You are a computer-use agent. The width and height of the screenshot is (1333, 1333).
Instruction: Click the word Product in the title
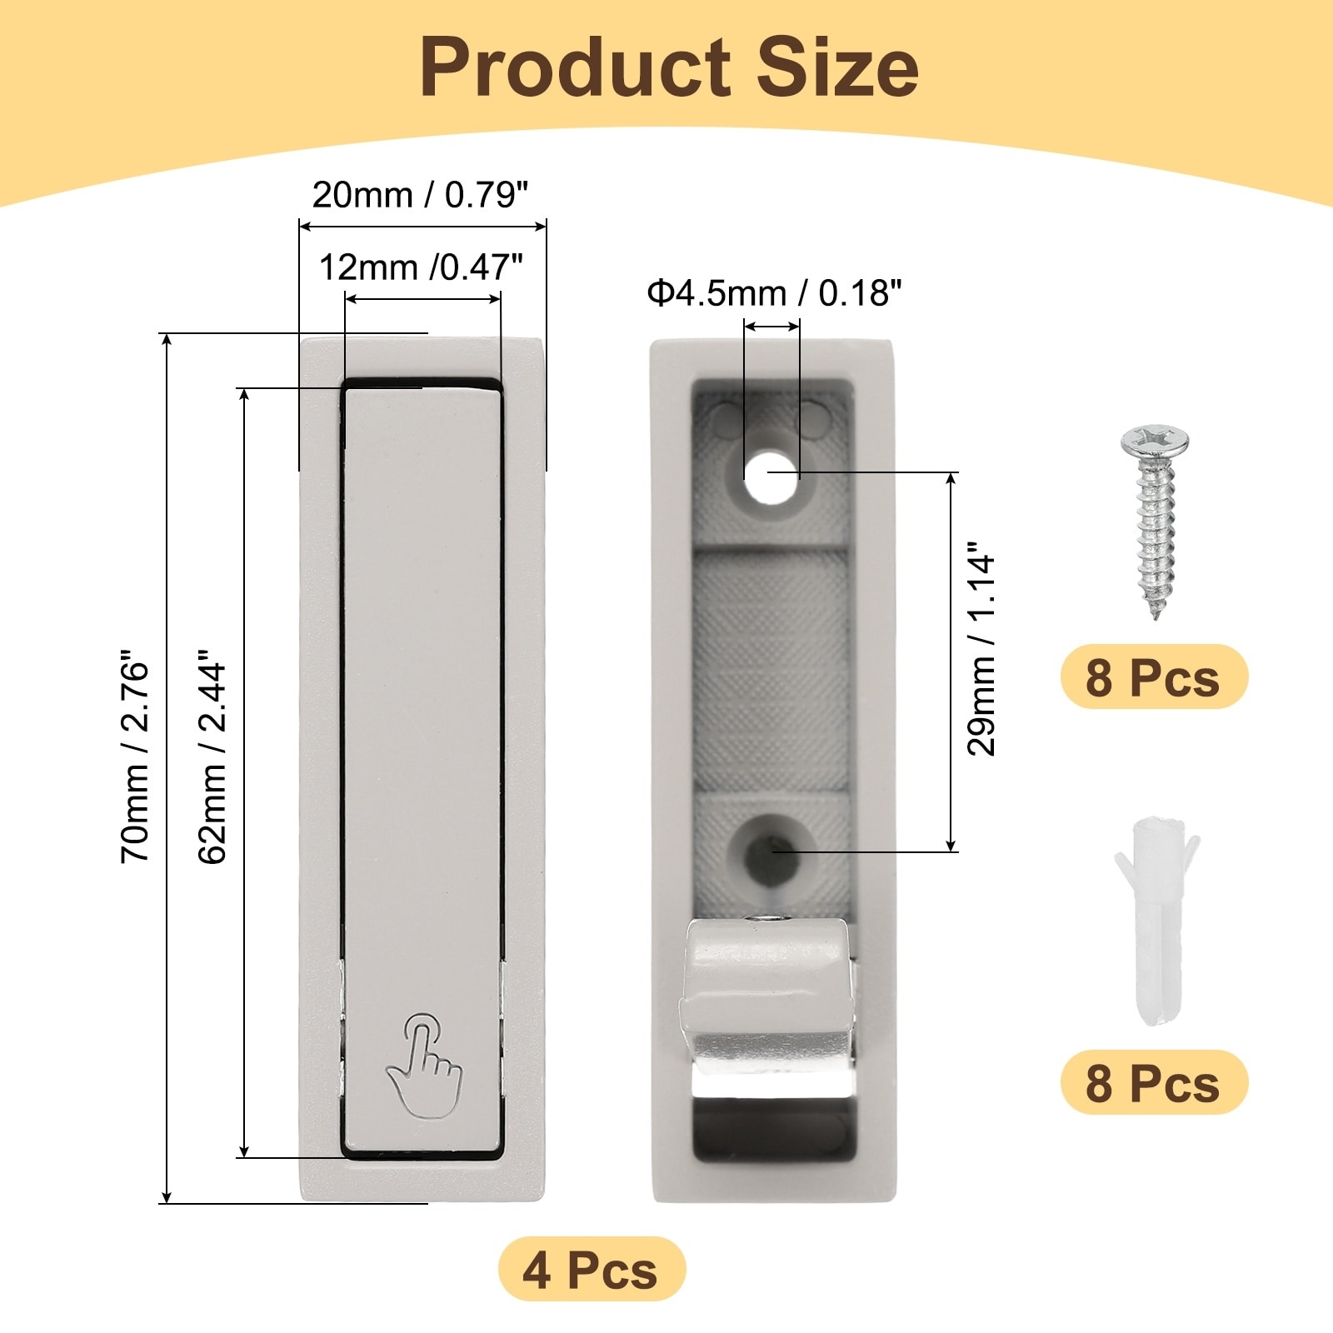click(576, 68)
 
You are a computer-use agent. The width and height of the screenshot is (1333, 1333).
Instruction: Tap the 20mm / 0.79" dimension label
click(421, 195)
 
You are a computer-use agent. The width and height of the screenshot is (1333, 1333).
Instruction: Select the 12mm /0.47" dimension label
click(421, 267)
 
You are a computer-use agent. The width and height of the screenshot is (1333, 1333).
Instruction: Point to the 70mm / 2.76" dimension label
click(135, 756)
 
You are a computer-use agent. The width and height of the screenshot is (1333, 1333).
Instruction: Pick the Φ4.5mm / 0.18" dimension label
click(774, 293)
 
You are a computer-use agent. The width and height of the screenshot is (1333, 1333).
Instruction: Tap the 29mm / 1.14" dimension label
click(981, 650)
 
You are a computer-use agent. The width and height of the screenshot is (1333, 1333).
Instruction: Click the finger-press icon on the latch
click(424, 1065)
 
